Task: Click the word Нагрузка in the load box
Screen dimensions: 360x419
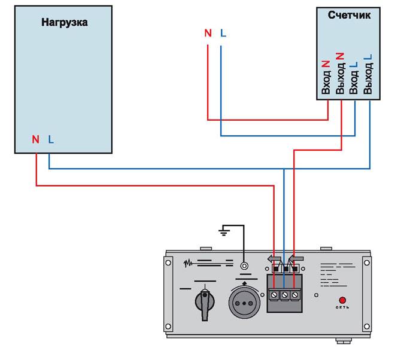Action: coord(64,23)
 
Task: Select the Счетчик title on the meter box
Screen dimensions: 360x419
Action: coord(349,15)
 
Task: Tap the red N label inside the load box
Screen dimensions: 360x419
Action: coord(35,139)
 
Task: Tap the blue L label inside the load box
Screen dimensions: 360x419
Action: coord(51,139)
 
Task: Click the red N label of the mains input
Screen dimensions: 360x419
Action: coord(208,33)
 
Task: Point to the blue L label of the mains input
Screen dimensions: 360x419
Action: coord(223,33)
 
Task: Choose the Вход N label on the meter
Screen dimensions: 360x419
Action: coord(326,78)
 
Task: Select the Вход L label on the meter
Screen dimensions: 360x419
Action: coord(354,78)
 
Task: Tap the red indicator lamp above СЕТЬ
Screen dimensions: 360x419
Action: coord(342,300)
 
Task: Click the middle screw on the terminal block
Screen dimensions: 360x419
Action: coord(285,295)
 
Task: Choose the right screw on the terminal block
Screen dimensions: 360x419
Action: coord(294,295)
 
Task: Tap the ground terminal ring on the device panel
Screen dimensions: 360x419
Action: coord(244,266)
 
